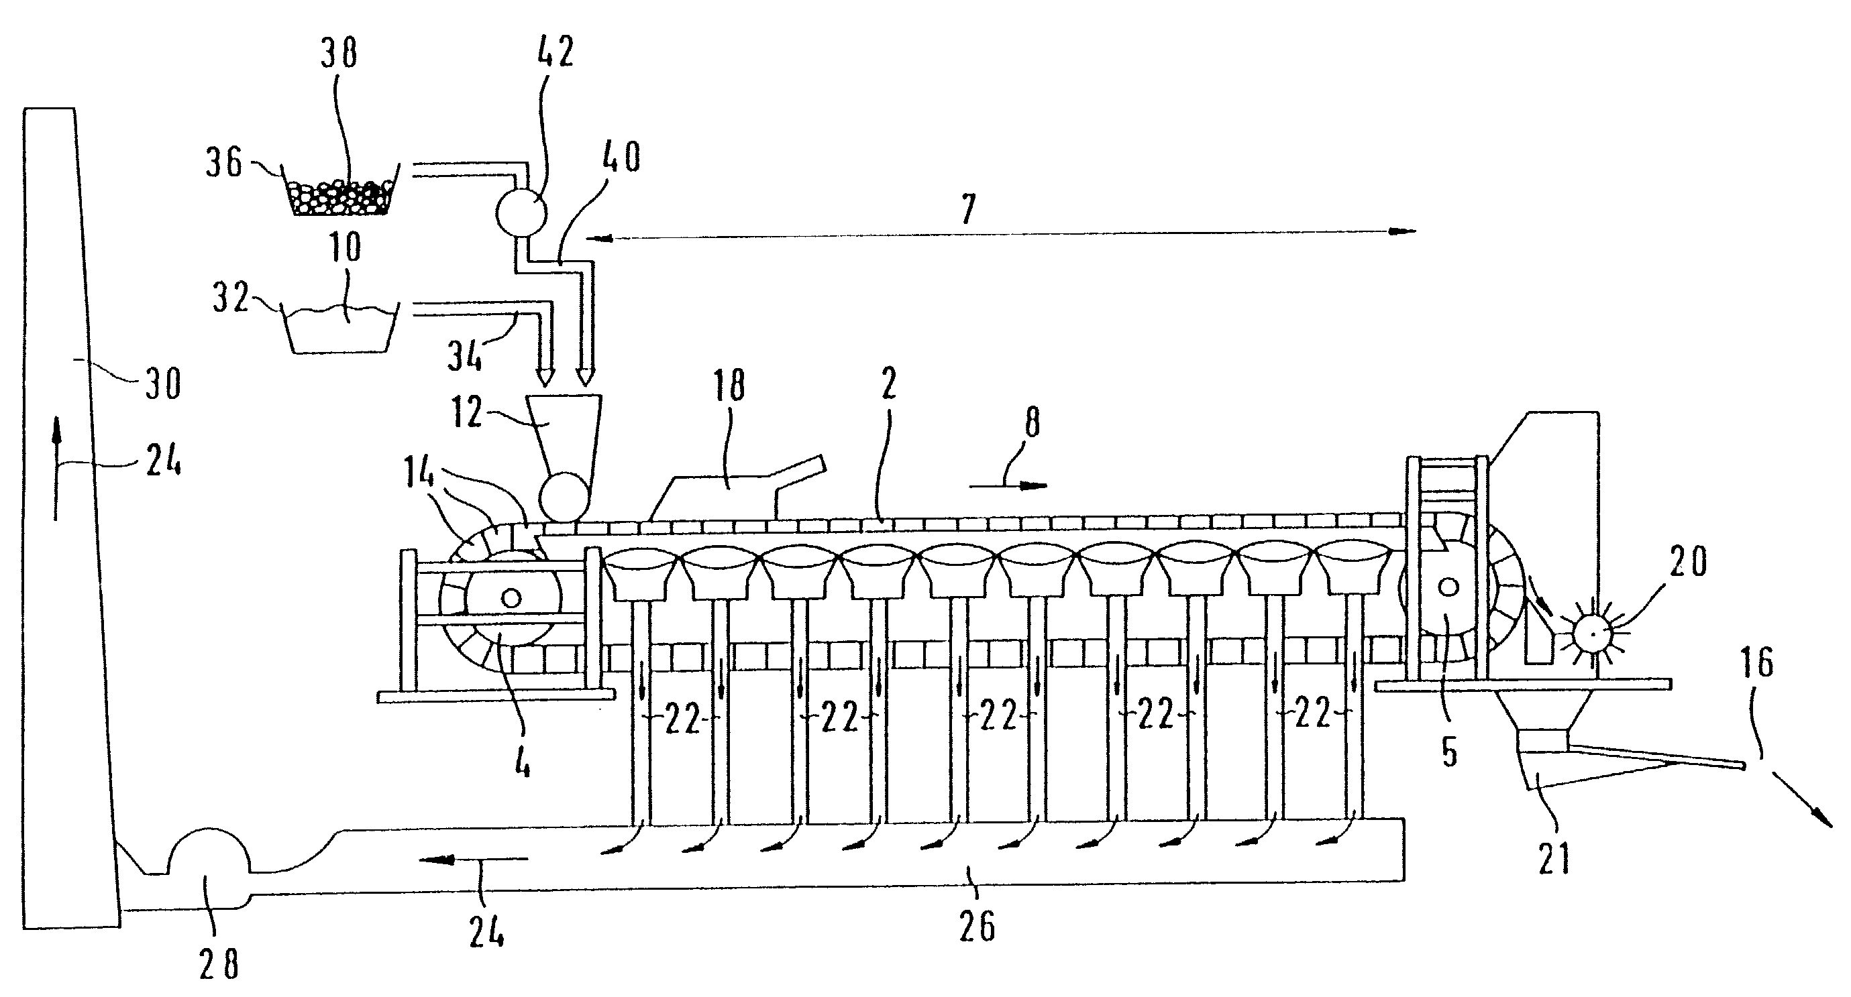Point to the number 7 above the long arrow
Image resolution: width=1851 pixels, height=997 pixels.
(969, 210)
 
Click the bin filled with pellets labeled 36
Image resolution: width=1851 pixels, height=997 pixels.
(339, 189)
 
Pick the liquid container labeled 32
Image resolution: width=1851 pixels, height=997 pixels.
(340, 329)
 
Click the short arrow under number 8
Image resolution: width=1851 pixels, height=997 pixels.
(1008, 486)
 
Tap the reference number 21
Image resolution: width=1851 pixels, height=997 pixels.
(1555, 858)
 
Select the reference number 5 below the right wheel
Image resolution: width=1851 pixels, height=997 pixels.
(1450, 752)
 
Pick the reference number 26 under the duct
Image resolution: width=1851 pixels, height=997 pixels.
(977, 926)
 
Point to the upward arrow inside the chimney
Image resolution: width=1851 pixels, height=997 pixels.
(55, 470)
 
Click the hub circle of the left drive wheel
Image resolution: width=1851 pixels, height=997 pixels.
(511, 597)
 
